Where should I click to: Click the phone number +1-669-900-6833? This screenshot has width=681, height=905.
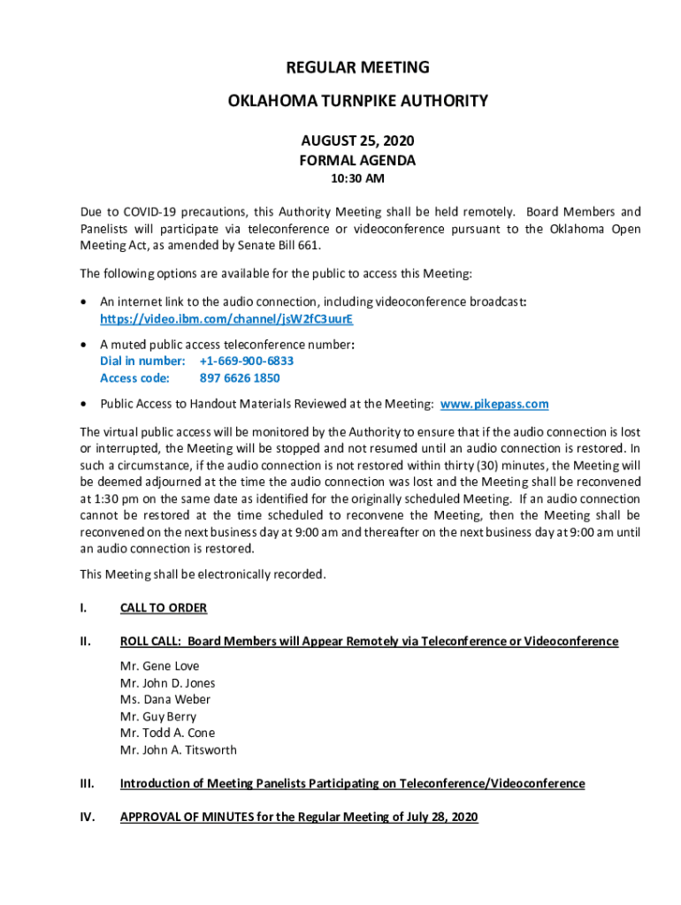point(247,361)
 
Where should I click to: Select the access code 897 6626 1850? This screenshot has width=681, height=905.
point(240,378)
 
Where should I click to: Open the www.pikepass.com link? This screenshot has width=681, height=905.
point(494,404)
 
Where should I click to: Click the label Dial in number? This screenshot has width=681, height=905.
point(142,361)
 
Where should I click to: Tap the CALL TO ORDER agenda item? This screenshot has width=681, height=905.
point(164,608)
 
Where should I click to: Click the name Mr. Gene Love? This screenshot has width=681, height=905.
point(160,666)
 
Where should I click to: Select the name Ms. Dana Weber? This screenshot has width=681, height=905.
point(165,700)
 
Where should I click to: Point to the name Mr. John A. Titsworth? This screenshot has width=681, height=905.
point(179,750)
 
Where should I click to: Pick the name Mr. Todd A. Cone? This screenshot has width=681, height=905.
point(167,734)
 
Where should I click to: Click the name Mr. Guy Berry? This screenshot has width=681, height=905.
point(158,717)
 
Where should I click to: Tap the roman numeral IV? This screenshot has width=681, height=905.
point(87,818)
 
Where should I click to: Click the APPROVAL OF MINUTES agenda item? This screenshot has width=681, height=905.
point(299,818)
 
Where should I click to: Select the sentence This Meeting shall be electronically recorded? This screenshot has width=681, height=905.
point(203,574)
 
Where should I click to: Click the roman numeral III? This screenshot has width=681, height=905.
point(87,784)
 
